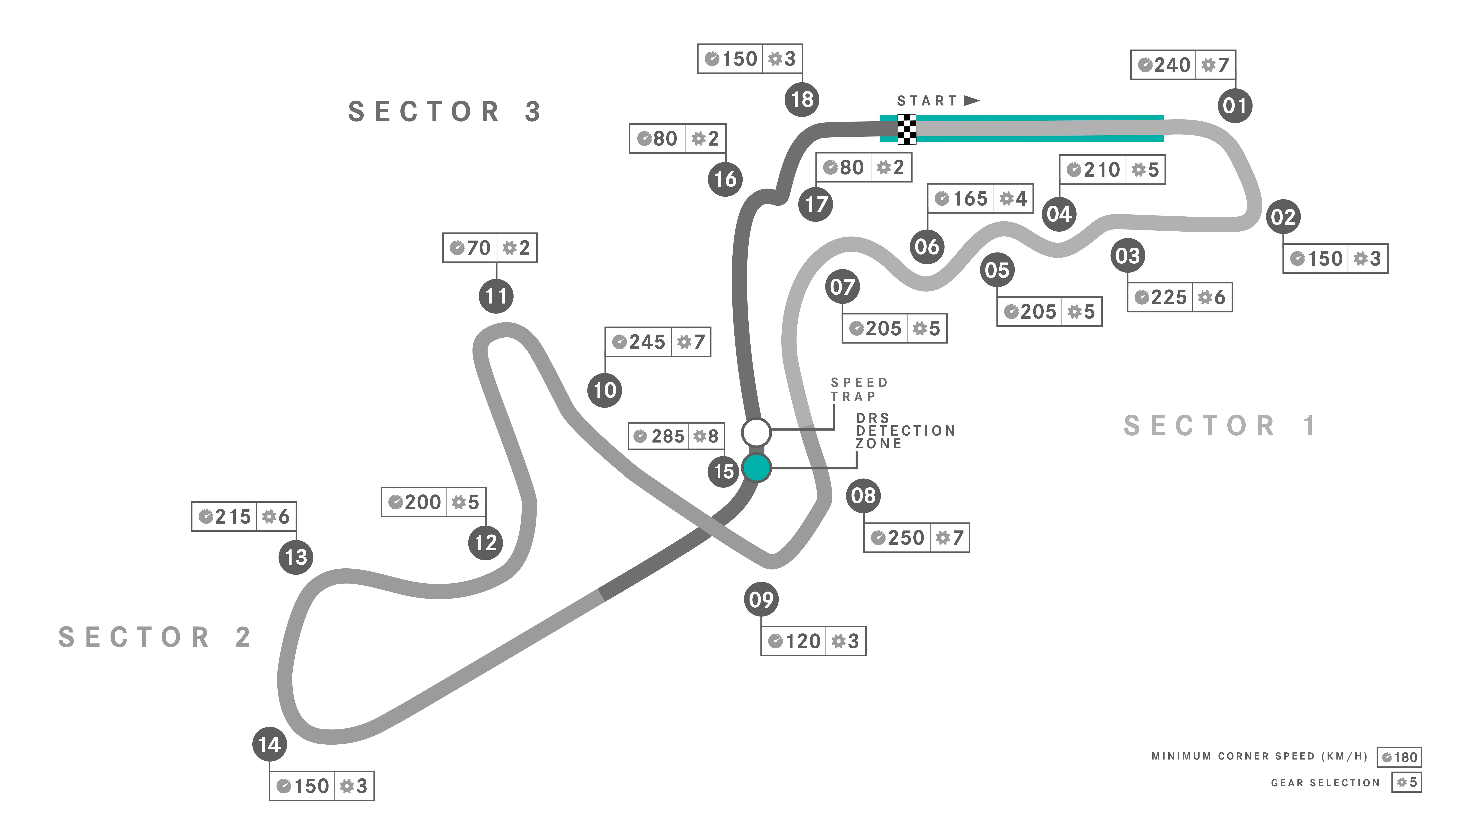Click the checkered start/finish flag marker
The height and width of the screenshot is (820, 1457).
[907, 129]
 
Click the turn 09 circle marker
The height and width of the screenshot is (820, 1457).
[761, 599]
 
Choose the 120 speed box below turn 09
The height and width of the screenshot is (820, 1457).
[794, 641]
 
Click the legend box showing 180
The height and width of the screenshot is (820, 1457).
[1399, 757]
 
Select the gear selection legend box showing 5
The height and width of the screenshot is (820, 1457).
[1407, 783]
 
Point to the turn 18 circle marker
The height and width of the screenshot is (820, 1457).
[801, 100]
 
